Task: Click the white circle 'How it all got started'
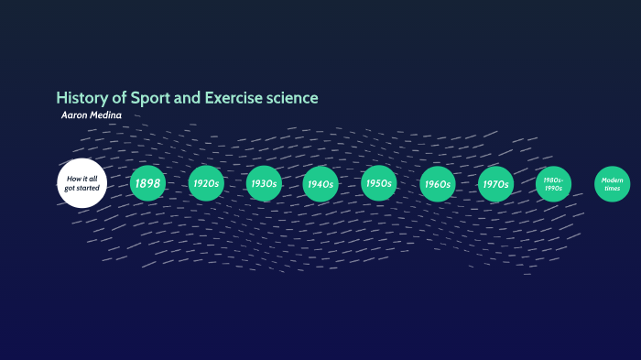pos(82,183)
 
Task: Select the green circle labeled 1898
pos(147,183)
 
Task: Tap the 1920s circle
pos(206,183)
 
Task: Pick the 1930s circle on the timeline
pos(264,183)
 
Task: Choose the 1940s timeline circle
pos(320,183)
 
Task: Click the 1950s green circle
pos(378,183)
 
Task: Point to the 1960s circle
pos(437,183)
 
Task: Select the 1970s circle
pos(495,183)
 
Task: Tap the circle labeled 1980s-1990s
pos(553,183)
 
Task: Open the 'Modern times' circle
pos(612,183)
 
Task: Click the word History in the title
pos(78,97)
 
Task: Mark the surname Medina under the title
pos(105,115)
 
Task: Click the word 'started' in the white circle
pos(88,188)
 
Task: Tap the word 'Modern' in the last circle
pos(612,180)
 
